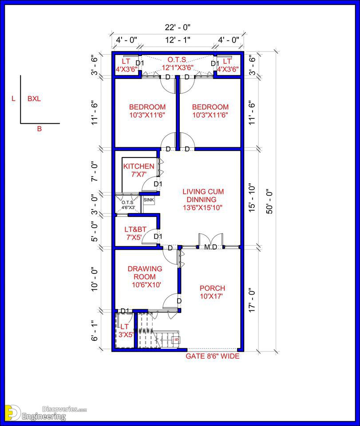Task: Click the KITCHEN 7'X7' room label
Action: point(138,170)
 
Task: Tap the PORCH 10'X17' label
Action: point(212,292)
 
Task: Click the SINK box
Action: point(149,200)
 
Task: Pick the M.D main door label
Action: point(210,247)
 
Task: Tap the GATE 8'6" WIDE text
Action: point(213,356)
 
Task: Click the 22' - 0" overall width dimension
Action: point(178,27)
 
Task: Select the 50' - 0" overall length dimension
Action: point(269,201)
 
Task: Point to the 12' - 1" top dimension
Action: point(178,40)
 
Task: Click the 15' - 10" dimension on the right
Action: point(252,199)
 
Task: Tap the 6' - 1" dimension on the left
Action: point(94,331)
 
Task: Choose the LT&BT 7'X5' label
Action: point(135,233)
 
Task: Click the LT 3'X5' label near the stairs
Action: point(125,330)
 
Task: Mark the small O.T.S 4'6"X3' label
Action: point(128,205)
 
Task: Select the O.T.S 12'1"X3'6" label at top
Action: point(177,63)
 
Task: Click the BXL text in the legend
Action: point(34,99)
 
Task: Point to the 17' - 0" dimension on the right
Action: point(252,300)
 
